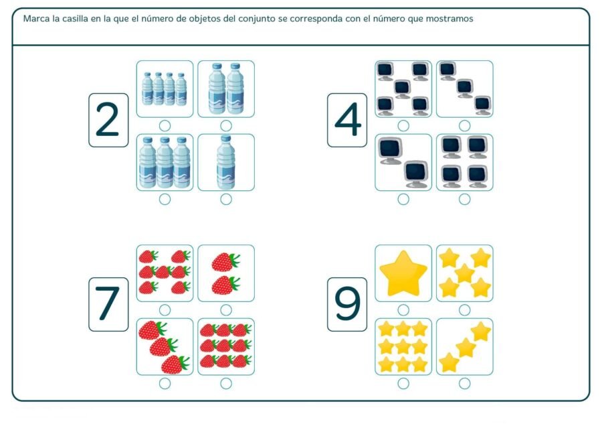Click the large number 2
[x=108, y=121]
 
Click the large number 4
[x=347, y=121]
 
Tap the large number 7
[x=108, y=304]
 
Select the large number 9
[x=347, y=304]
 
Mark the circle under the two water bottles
[x=226, y=125]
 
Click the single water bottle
[x=226, y=162]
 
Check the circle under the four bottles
[x=165, y=125]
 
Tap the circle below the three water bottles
[x=165, y=199]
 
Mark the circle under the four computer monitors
[x=465, y=199]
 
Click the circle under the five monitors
[x=403, y=125]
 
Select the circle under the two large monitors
[x=403, y=199]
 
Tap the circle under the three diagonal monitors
[x=465, y=125]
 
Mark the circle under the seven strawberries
[x=165, y=309]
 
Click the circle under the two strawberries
[x=226, y=309]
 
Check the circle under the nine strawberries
[x=226, y=383]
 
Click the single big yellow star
[x=403, y=273]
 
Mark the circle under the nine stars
[x=403, y=383]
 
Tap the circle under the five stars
[x=465, y=309]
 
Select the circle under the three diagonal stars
[x=465, y=383]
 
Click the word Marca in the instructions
[x=36, y=19]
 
